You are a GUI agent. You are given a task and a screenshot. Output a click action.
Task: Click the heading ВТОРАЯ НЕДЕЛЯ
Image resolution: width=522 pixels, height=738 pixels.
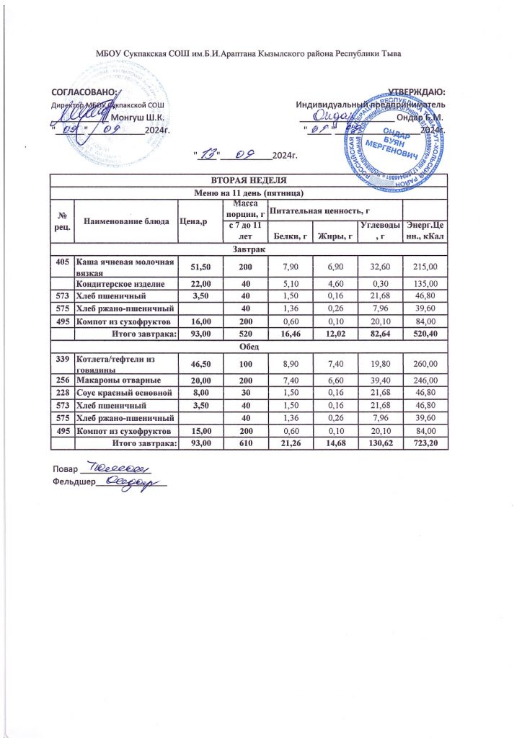248,180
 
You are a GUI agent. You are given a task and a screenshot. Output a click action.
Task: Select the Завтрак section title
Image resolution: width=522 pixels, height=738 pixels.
248,249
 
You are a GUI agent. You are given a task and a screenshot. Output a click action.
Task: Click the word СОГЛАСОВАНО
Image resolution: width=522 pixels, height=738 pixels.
84,92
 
